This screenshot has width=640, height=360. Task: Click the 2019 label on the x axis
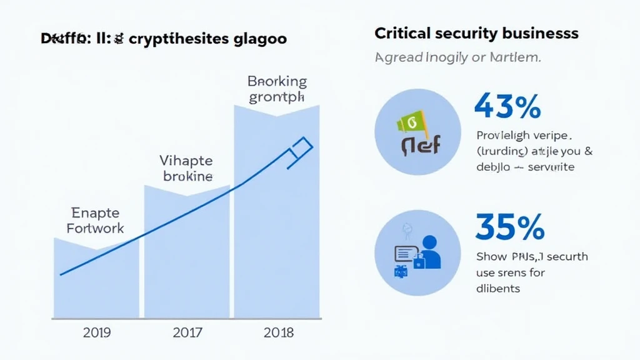coord(96,332)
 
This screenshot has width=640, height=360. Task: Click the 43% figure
coord(507,106)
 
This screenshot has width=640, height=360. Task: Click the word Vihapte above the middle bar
coord(187,160)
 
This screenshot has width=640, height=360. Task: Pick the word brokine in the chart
coord(187,176)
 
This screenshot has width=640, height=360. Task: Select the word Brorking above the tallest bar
coord(277,81)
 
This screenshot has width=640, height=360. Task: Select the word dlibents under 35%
coord(498,288)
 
